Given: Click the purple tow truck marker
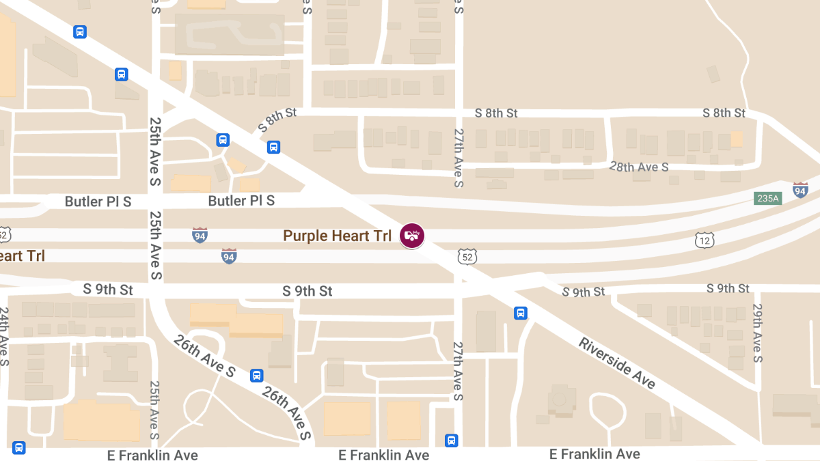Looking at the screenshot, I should click(x=411, y=236).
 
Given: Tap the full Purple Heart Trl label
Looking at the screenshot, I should click(x=338, y=236).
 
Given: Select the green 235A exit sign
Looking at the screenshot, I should click(x=767, y=198).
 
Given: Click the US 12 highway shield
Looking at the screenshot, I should click(x=705, y=240).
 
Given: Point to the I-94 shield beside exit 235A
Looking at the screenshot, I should click(x=800, y=190).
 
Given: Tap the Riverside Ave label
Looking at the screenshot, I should click(x=617, y=363).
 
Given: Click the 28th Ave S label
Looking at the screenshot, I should click(x=638, y=167).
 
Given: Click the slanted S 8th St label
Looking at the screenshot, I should click(x=277, y=120).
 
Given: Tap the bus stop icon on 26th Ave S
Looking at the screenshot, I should click(x=256, y=375).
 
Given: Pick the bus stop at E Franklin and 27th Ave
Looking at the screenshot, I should click(x=451, y=441).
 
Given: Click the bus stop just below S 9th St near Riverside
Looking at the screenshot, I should click(x=521, y=313).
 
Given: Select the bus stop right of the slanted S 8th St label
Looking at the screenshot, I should click(x=273, y=147).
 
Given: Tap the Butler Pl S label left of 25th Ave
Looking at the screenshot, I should click(x=98, y=201).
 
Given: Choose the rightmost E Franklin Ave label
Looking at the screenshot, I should click(x=594, y=454).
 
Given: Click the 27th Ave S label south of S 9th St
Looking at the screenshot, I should click(x=459, y=371).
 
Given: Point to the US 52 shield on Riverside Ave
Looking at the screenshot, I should click(x=467, y=257).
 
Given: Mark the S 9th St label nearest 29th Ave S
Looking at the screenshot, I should click(x=728, y=288).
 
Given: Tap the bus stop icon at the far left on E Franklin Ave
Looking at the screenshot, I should click(x=18, y=449).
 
